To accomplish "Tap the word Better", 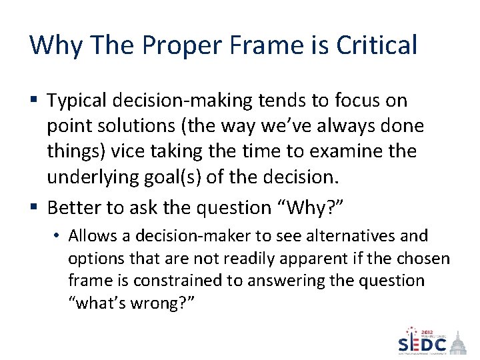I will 73,208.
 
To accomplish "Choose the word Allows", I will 90,236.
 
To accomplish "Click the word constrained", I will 190,281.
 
